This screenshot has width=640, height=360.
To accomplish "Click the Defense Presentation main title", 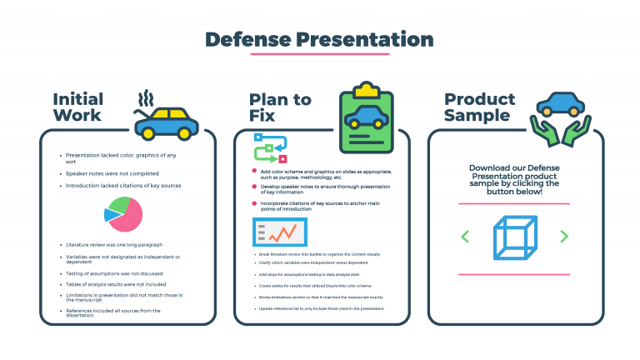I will pyautogui.click(x=319, y=39).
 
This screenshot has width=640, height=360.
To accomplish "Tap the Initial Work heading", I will pyautogui.click(x=77, y=107).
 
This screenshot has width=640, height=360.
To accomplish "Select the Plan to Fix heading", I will pyautogui.click(x=280, y=107).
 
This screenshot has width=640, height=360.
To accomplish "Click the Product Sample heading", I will pyautogui.click(x=478, y=107).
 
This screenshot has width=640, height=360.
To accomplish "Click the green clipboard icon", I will pyautogui.click(x=365, y=117).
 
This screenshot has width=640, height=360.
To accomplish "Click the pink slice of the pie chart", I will pyautogui.click(x=127, y=217).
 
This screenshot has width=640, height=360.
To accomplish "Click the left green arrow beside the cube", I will pyautogui.click(x=465, y=237).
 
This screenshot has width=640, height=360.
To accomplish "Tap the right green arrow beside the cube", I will pyautogui.click(x=564, y=237).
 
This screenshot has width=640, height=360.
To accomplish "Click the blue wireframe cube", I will pyautogui.click(x=513, y=237).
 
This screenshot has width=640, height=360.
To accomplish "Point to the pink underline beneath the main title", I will pyautogui.click(x=319, y=54).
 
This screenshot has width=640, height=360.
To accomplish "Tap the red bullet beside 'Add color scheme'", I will pyautogui.click(x=253, y=171).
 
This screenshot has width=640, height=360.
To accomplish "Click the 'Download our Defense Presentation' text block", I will pyautogui.click(x=513, y=179).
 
